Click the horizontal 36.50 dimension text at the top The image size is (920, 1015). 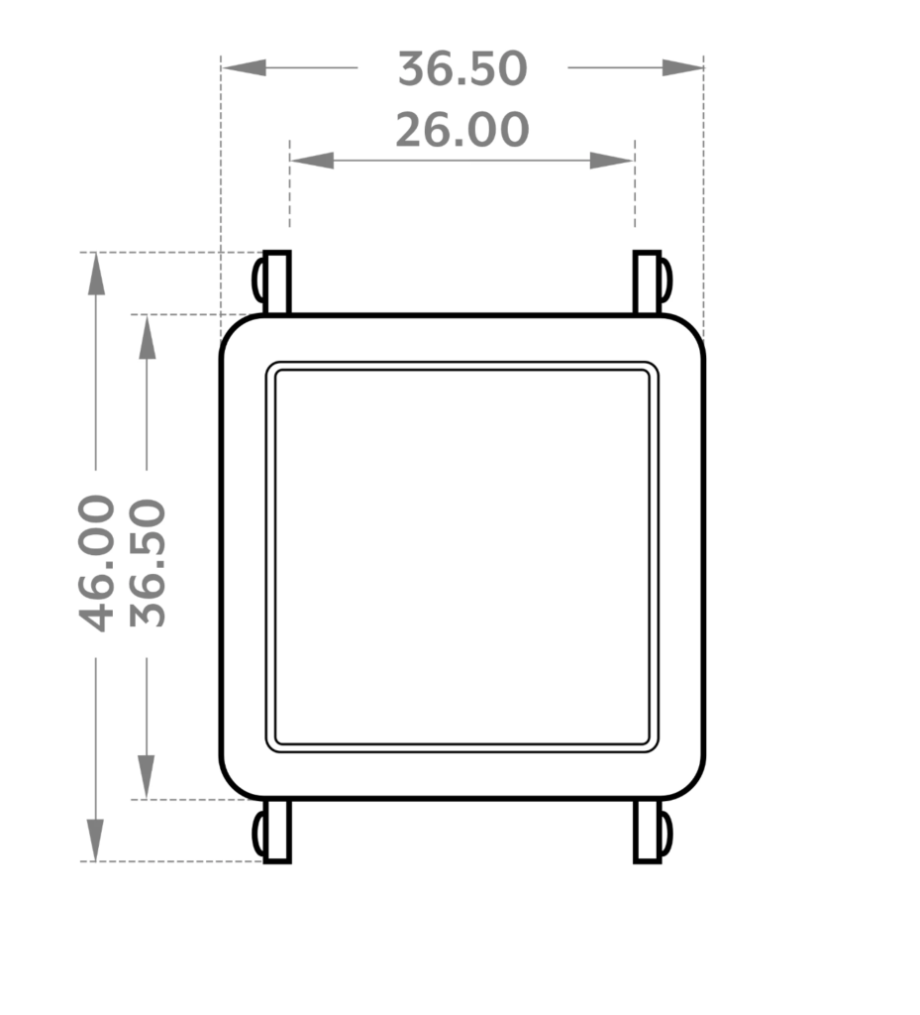tap(462, 68)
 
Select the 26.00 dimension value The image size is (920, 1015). tap(462, 130)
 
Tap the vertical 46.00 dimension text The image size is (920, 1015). tap(96, 563)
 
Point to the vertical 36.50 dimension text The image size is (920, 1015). tap(148, 563)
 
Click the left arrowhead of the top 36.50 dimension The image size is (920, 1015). tap(244, 67)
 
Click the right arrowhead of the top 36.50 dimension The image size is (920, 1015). tap(682, 67)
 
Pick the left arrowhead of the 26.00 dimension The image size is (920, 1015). tap(312, 161)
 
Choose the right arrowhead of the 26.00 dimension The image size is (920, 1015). tap(612, 161)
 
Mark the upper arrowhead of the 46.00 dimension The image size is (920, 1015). tap(96, 274)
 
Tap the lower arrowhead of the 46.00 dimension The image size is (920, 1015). tap(96, 840)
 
